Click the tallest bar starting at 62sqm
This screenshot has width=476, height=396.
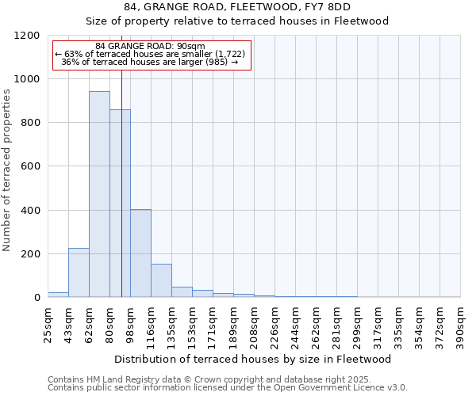[99, 194]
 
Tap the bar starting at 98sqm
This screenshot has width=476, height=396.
[140, 253]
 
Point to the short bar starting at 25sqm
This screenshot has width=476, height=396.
[58, 295]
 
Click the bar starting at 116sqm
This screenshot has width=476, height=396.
[161, 280]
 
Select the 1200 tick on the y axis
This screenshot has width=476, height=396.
[28, 36]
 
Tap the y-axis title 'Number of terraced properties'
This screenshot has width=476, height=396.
[7, 170]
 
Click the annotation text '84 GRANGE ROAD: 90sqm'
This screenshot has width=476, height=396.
[150, 46]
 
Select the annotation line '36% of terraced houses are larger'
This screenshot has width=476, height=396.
[150, 62]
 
